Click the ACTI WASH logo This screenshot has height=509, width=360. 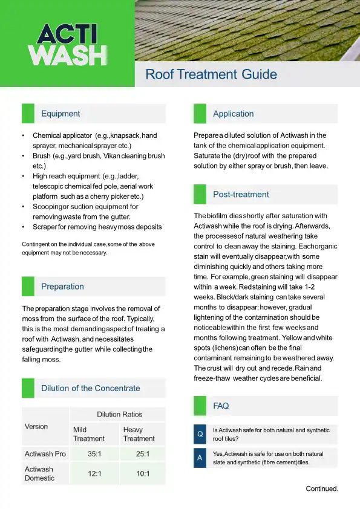(67, 44)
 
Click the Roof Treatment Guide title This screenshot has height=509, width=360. (211, 74)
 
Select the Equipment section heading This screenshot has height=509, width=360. (61, 114)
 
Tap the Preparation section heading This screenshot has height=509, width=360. (62, 287)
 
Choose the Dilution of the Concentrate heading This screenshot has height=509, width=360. (90, 388)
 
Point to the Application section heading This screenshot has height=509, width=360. (233, 114)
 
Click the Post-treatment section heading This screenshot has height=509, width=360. (241, 195)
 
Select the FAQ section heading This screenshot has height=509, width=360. (221, 406)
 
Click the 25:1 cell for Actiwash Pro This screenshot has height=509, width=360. (143, 453)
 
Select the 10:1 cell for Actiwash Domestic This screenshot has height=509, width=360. (143, 473)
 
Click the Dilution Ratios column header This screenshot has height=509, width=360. (120, 414)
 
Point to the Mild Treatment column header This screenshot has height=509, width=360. (88, 434)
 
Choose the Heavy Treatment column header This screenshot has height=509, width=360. (139, 434)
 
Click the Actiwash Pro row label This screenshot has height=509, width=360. (45, 453)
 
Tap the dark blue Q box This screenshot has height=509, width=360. (200, 435)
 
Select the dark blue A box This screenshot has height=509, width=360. (200, 458)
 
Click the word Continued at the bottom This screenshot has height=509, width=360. (321, 488)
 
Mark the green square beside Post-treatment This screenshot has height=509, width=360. (200, 195)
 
